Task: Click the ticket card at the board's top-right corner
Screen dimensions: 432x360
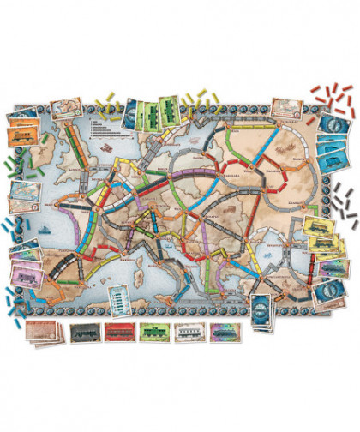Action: (283, 107)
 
